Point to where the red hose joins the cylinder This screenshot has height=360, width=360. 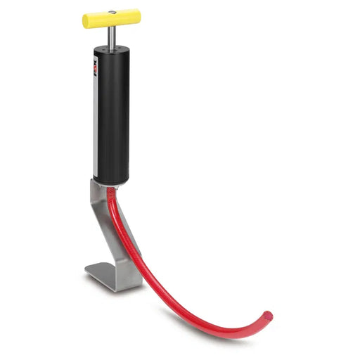point(111,188)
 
